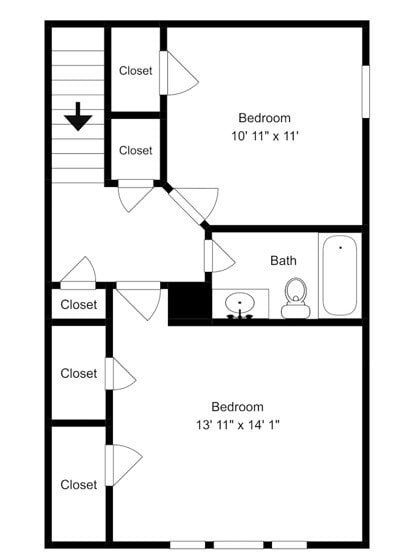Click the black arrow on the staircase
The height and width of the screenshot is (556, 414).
pos(78,117)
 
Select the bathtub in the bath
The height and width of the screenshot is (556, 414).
pos(340,276)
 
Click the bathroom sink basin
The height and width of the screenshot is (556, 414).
pos(240,302)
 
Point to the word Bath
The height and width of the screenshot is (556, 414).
pos(283,261)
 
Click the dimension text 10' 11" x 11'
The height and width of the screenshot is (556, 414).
pos(265,136)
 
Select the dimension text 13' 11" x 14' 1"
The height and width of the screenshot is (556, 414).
pos(238,424)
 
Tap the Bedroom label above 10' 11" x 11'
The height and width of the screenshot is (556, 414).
pos(264,118)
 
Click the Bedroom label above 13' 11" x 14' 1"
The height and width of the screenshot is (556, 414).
pos(237,406)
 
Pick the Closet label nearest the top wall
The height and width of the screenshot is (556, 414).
pos(136,71)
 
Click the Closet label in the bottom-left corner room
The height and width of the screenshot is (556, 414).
pos(79,485)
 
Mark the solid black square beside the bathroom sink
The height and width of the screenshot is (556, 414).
pos(190,301)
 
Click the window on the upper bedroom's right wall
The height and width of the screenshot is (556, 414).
pos(365,91)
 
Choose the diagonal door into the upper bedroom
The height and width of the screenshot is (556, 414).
pos(188,207)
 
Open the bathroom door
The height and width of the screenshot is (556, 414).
pos(208,256)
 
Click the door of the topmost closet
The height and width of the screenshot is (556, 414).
pos(164,73)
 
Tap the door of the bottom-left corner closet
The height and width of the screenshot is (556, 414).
pos(109,465)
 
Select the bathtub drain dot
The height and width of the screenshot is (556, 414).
pos(341,248)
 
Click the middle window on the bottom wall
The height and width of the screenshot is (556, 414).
pos(239,544)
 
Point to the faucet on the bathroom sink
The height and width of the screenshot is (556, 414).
pos(240,315)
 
